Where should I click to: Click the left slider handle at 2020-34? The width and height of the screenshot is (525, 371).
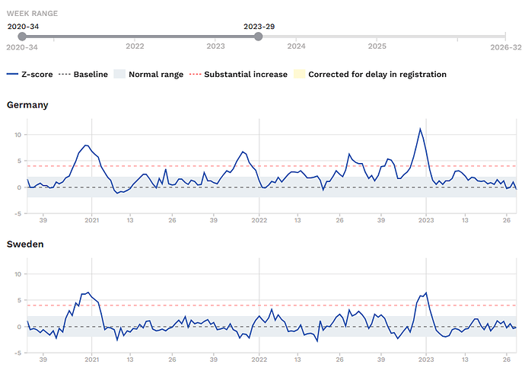pyautogui.click(x=22, y=37)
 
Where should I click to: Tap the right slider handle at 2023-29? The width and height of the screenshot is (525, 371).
pyautogui.click(x=258, y=37)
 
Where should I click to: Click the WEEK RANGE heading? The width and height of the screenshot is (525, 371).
pyautogui.click(x=32, y=14)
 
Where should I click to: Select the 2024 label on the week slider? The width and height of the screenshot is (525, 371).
pyautogui.click(x=296, y=46)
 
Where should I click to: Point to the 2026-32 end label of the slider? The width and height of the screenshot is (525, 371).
pyautogui.click(x=506, y=47)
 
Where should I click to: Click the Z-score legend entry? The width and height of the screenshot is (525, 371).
pyautogui.click(x=30, y=74)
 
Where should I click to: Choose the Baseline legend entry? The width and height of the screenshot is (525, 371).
pyautogui.click(x=83, y=74)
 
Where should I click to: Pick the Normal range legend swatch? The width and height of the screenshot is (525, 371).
pyautogui.click(x=119, y=74)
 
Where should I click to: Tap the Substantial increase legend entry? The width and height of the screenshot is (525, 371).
pyautogui.click(x=238, y=74)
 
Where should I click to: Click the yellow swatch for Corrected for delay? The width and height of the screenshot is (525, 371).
pyautogui.click(x=299, y=74)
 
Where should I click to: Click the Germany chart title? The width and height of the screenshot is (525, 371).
pyautogui.click(x=27, y=105)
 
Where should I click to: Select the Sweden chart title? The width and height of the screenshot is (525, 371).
pyautogui.click(x=25, y=244)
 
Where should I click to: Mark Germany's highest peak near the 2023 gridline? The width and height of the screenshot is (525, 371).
pyautogui.click(x=420, y=128)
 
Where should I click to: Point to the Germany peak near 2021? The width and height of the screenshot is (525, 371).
pyautogui.click(x=86, y=145)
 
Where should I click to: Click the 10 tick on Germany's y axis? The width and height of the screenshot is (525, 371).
pyautogui.click(x=17, y=135)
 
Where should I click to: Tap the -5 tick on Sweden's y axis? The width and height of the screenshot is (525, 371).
pyautogui.click(x=17, y=353)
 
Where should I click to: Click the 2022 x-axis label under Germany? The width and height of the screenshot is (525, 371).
pyautogui.click(x=259, y=220)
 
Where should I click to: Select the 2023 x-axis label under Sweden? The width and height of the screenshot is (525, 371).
pyautogui.click(x=426, y=360)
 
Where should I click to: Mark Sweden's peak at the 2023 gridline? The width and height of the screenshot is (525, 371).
pyautogui.click(x=426, y=293)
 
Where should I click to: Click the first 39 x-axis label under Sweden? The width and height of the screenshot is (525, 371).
pyautogui.click(x=43, y=360)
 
